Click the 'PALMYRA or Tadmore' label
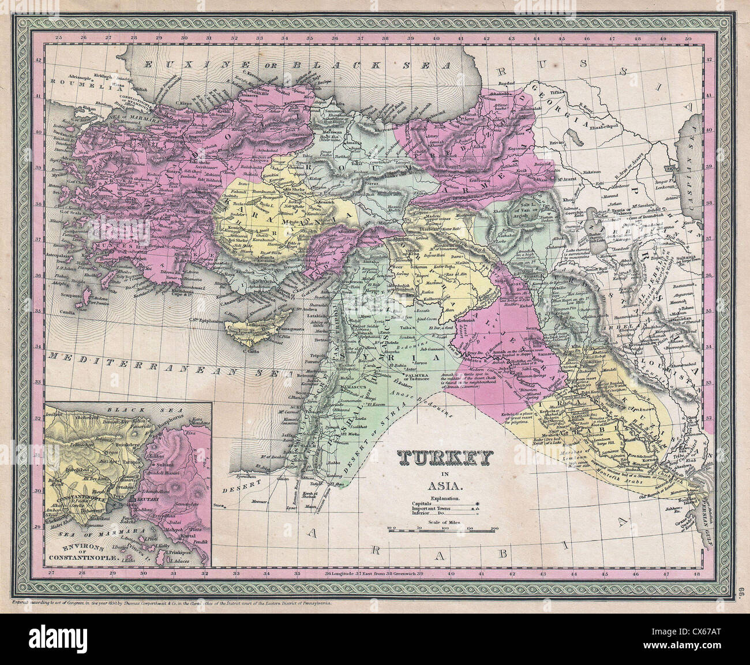(406, 376)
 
